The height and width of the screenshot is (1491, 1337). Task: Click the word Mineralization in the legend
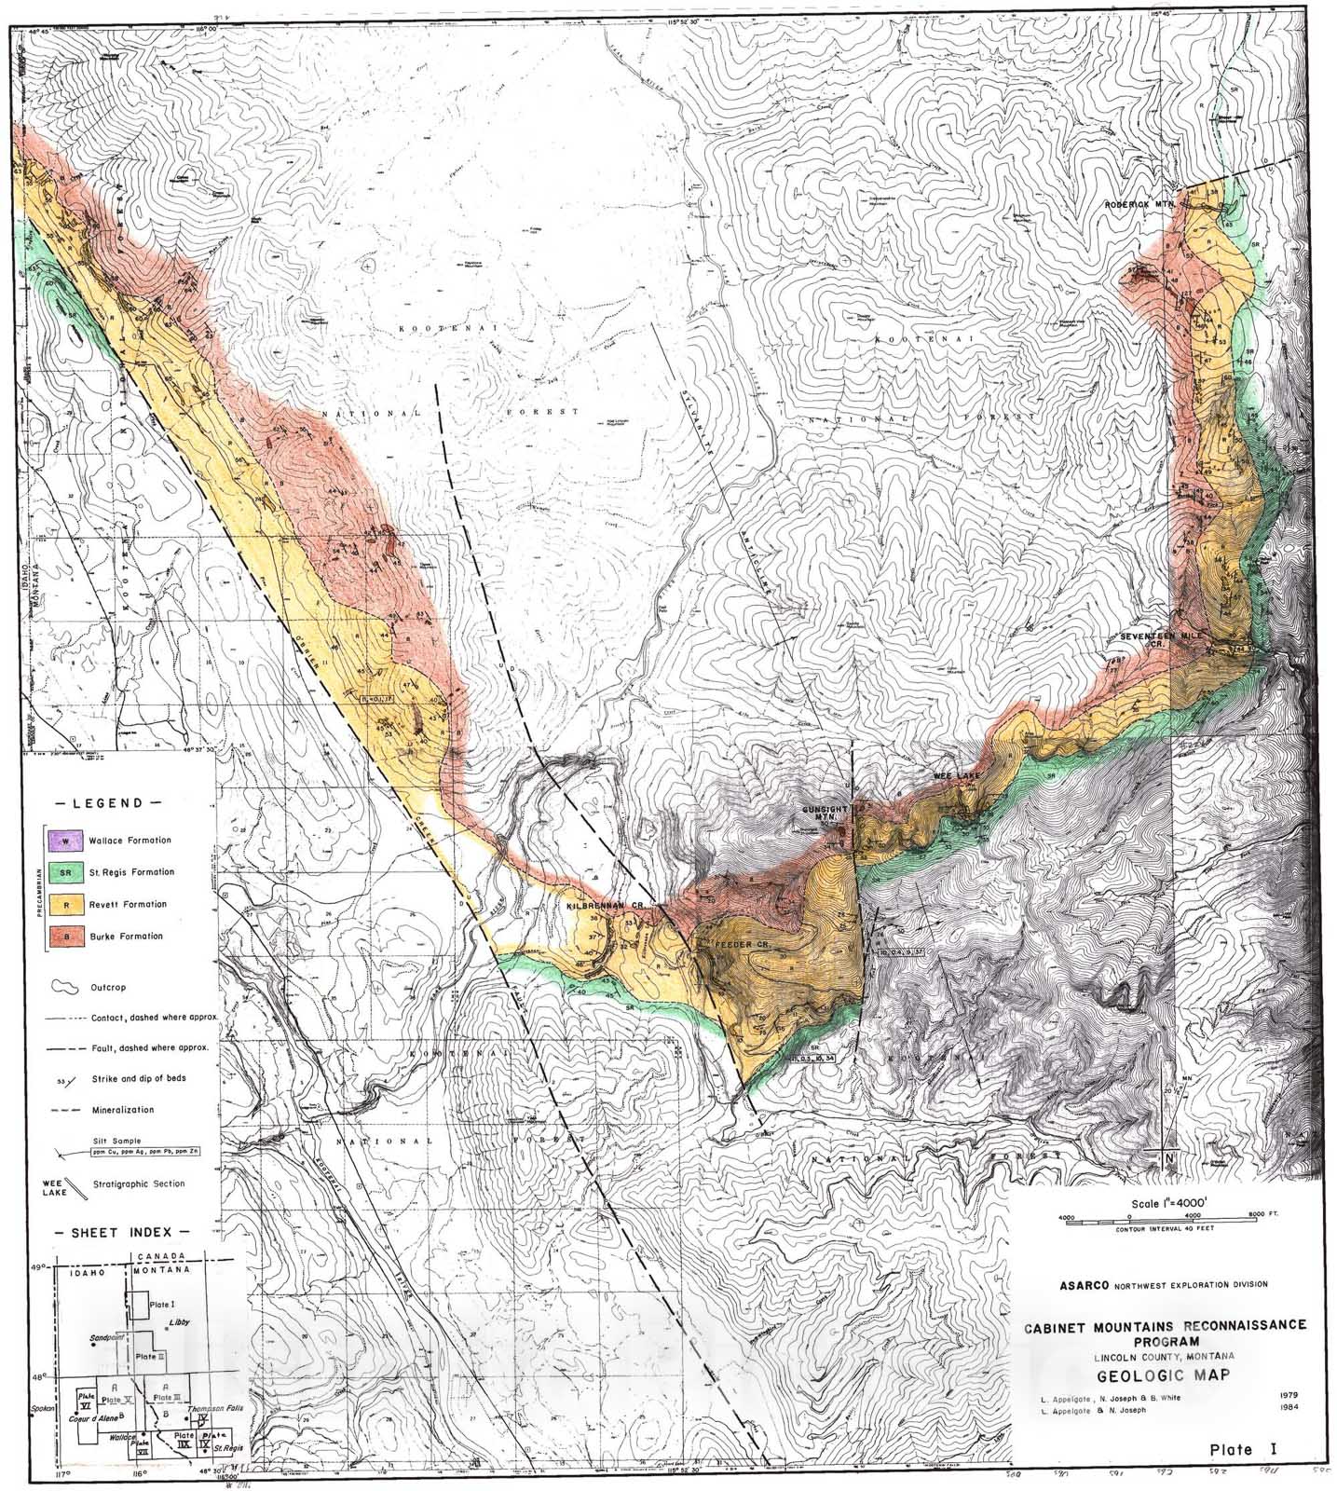coord(124,1110)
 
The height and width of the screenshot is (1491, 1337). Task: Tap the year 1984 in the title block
coord(1290,1410)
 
